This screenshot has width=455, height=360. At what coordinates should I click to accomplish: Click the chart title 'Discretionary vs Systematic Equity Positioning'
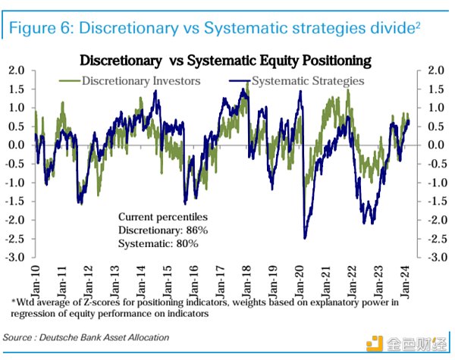pyautogui.click(x=226, y=60)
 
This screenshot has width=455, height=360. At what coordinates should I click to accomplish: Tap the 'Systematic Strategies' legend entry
pyautogui.click(x=307, y=80)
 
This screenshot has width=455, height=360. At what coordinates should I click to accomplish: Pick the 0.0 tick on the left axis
pyautogui.click(x=17, y=146)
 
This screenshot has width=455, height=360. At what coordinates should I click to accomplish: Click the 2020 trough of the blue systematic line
pyautogui.click(x=305, y=237)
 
